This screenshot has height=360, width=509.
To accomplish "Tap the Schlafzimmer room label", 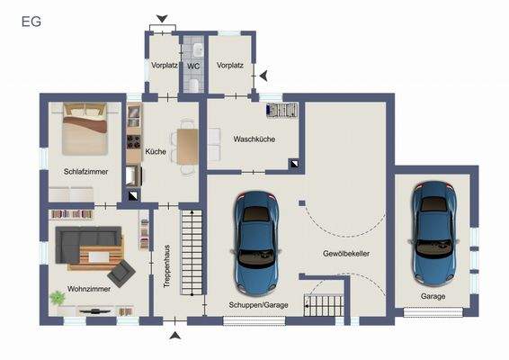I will click(x=85, y=170).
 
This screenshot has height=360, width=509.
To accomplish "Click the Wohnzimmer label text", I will click(x=87, y=291).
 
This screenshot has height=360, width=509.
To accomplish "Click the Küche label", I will click(x=155, y=152).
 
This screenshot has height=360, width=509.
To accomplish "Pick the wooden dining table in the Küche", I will click(x=186, y=147).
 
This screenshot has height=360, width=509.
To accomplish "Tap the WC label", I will click(x=193, y=67).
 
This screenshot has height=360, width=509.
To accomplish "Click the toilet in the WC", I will click(x=193, y=83).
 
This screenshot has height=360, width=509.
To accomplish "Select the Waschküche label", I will click(x=254, y=139).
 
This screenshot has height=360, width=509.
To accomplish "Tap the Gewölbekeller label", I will click(x=347, y=254).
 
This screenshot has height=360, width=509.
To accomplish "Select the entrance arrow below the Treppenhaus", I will click(x=175, y=336).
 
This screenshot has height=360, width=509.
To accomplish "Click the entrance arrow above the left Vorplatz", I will click(x=162, y=18).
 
